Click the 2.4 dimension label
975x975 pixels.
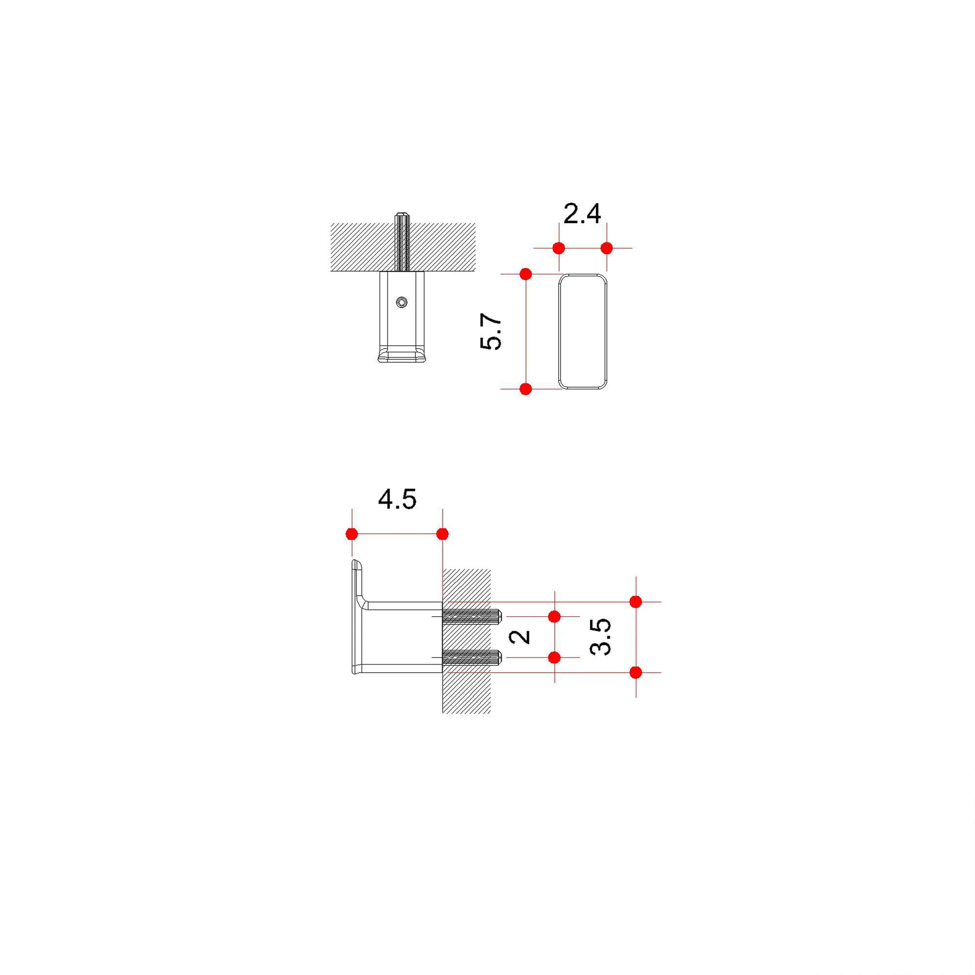(x=582, y=214)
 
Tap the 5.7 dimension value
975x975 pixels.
(x=491, y=331)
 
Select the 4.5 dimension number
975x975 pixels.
(x=397, y=500)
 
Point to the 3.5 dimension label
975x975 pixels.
(x=601, y=637)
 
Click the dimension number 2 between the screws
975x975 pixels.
(x=520, y=637)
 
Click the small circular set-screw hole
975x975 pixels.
(x=402, y=302)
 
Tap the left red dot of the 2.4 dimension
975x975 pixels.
(x=559, y=248)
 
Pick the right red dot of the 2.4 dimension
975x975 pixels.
(x=606, y=248)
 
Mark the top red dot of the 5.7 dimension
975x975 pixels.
(x=526, y=274)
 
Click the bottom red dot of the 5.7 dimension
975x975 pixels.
(x=526, y=389)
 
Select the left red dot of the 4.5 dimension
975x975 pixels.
(x=352, y=534)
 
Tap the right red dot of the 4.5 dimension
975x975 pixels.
(x=442, y=534)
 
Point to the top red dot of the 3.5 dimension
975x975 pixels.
(x=636, y=602)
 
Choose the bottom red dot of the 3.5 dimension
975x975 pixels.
(x=636, y=672)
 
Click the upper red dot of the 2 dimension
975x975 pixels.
(x=555, y=616)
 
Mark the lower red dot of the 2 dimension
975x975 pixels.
(x=555, y=658)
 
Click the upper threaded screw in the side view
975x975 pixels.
(x=471, y=616)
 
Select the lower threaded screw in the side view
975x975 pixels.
(x=471, y=658)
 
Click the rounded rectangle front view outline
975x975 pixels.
(x=559, y=331)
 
